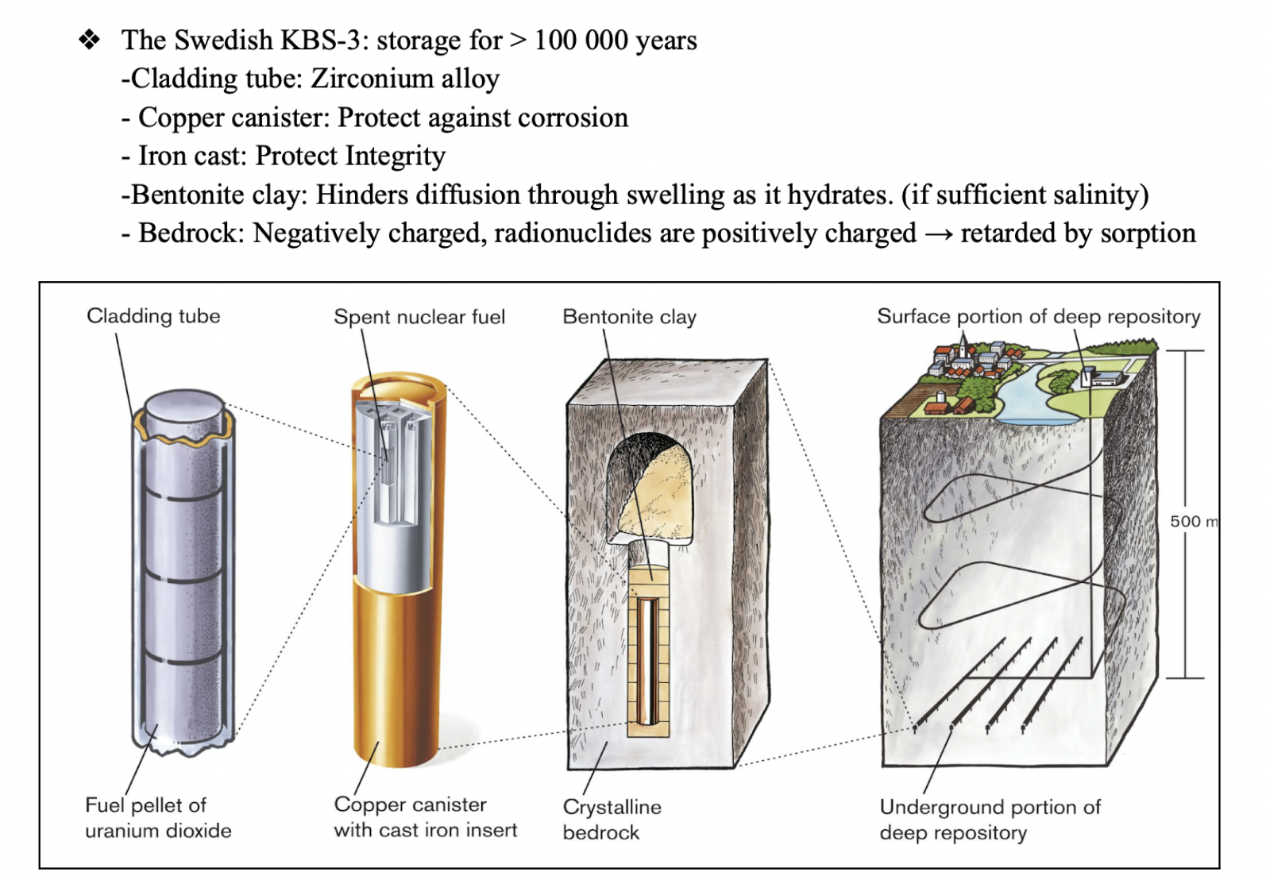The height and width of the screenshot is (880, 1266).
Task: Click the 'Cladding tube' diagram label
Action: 153,316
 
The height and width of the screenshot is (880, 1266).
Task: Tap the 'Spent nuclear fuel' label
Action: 419,317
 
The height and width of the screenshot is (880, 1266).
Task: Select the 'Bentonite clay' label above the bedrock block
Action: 629,317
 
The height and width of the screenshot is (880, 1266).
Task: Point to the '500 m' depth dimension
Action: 1192,521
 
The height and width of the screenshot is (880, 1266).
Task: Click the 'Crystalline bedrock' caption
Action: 612,819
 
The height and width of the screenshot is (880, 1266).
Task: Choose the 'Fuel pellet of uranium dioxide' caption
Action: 158,817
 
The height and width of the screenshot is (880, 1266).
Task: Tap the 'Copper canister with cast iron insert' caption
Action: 425,817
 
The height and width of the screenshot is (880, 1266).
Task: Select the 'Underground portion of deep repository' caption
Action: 990,819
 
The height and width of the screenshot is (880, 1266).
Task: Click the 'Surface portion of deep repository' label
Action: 1038,316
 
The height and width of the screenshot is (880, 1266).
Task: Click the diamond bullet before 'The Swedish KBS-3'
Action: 90,39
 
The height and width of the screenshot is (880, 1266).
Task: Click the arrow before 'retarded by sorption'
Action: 938,234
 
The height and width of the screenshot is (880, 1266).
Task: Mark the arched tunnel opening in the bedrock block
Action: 651,484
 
